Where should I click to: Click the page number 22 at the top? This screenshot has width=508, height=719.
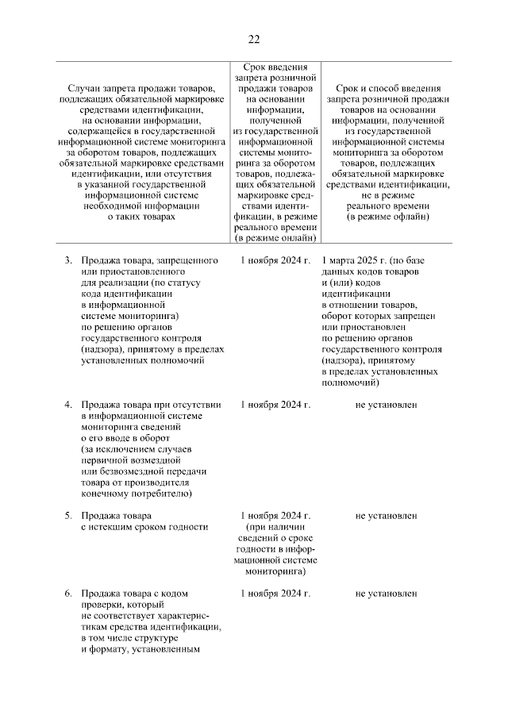pos(253,39)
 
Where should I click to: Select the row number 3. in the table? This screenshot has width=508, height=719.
pos(69,260)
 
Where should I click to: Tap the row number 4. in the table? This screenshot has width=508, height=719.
pos(69,405)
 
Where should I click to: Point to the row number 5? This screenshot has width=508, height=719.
pos(69,516)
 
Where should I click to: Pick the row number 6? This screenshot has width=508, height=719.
pos(69,593)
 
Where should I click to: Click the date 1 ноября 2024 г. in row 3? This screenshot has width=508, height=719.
pos(275,260)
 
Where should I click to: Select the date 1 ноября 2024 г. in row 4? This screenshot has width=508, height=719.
pos(275,405)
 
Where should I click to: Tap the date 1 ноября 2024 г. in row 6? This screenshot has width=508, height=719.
pos(275,593)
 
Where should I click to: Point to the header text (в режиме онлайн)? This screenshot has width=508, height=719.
pos(275,237)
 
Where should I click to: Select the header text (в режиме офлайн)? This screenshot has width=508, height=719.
pos(387,215)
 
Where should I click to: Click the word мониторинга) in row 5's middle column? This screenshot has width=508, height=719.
pos(275,571)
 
